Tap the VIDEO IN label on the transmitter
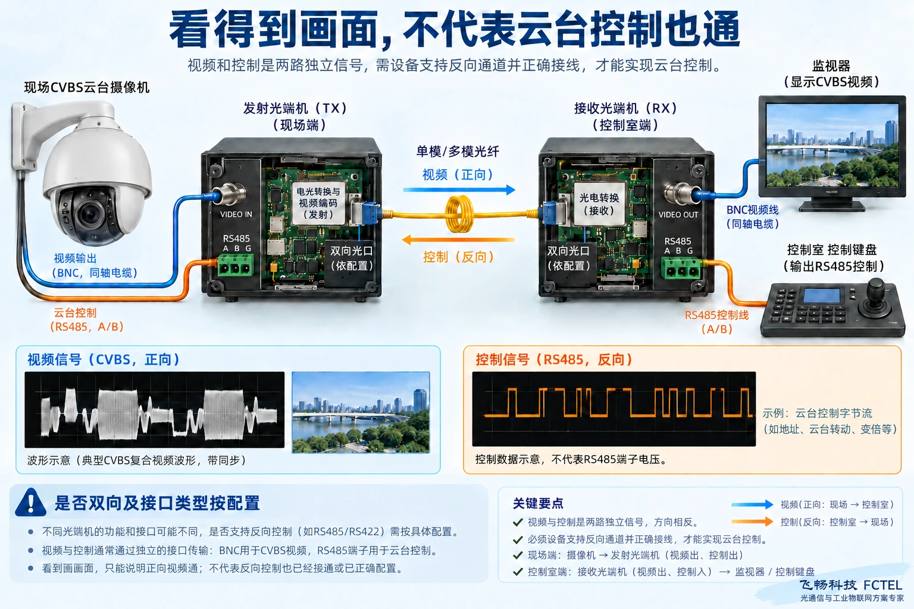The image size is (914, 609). pos(236,215)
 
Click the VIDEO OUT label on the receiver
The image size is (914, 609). pos(678,215)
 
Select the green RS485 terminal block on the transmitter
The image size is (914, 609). pos(236,265)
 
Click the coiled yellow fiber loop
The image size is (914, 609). pos(459,214)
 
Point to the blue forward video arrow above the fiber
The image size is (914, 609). pos(459,190)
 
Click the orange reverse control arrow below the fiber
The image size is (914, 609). pos(458,240)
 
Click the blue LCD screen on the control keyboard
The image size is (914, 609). pos(821,296)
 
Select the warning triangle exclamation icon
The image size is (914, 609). pos(30,503)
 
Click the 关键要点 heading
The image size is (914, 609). pos(538,503)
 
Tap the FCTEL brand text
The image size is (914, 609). pos(882,585)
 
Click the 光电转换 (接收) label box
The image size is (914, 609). pos(599,204)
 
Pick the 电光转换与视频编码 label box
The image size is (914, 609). pos(318,203)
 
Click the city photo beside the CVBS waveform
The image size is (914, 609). pos(361,412)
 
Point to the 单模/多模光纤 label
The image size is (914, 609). pos(458,152)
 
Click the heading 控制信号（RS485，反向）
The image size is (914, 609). pos(554,359)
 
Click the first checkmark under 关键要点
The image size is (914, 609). pos(518,522)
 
